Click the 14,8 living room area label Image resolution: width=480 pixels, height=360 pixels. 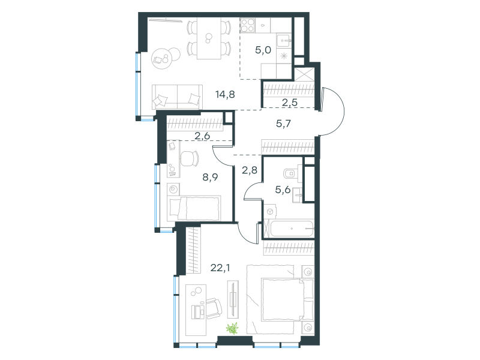[226, 95]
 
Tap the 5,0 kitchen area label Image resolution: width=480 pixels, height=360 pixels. [263, 50]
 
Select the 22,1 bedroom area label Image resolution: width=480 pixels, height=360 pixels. [220, 268]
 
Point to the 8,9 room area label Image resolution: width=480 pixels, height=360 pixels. [211, 177]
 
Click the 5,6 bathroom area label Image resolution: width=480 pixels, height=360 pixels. [283, 190]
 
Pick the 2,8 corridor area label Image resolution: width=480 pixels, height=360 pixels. [250, 170]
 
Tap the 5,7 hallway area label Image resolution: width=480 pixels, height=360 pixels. [283, 124]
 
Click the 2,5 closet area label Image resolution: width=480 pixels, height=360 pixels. [290, 103]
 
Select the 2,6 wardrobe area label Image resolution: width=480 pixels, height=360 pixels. [202, 136]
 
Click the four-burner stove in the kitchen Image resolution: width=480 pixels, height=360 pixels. [247, 25]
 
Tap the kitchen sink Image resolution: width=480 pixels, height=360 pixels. [284, 41]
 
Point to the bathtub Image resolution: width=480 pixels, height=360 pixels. [292, 229]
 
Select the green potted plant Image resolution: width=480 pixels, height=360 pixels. [232, 328]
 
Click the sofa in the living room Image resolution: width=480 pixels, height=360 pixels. [177, 97]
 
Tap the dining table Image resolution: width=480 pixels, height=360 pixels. [209, 38]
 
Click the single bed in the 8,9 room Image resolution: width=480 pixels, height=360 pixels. [194, 208]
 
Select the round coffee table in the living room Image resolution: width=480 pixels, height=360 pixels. [161, 58]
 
